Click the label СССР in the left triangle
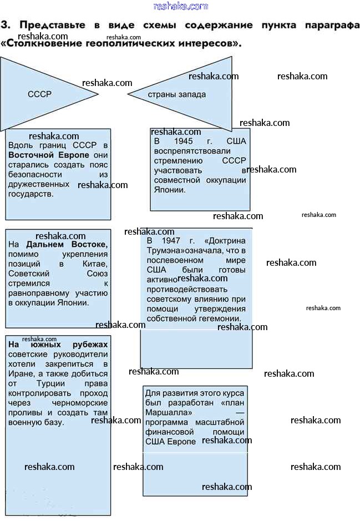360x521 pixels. tap(39, 94)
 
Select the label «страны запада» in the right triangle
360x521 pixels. tap(176, 94)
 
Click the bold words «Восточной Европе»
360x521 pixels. tap(49, 155)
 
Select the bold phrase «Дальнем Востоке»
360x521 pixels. tap(67, 244)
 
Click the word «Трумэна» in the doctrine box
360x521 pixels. tap(165, 251)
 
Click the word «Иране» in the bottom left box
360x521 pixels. tap(20, 373)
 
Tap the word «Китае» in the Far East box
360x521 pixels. tap(95, 264)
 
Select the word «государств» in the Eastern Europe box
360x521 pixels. tap(31, 194)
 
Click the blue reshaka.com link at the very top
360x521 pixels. tap(180, 6)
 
